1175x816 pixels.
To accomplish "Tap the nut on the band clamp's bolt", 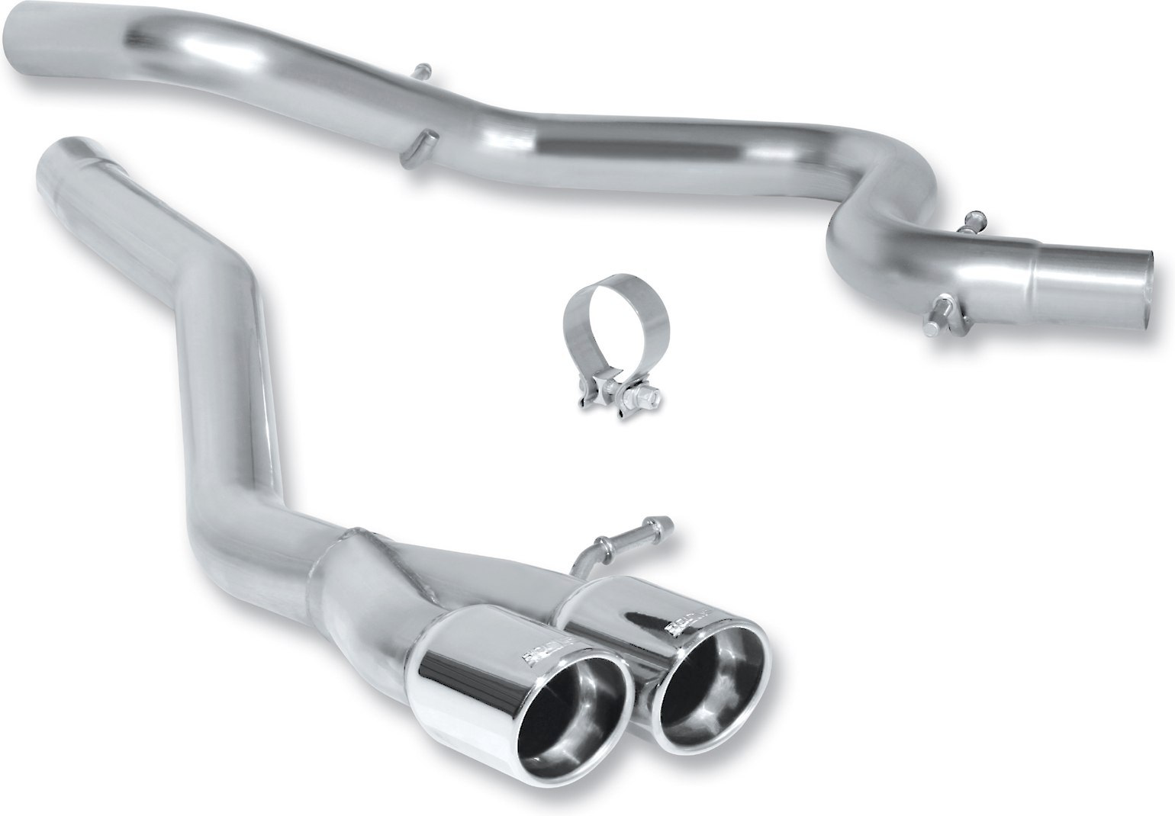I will (x=649, y=397).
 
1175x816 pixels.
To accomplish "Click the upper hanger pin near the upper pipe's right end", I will (x=973, y=220).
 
